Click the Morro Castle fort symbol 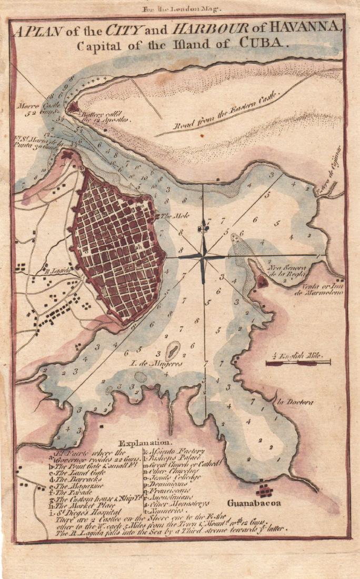click(72, 108)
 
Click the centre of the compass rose click(203, 256)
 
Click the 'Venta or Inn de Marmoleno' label click(323, 288)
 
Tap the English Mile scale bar click(297, 362)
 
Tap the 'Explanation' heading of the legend click(145, 443)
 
